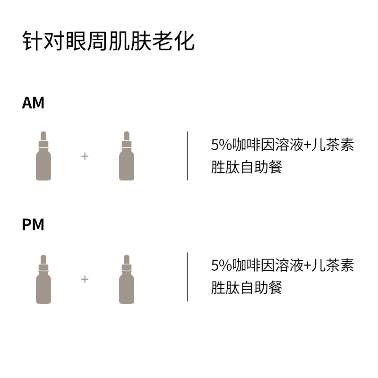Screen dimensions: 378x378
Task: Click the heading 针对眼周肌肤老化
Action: [x=108, y=42]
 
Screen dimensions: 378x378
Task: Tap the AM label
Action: [x=33, y=103]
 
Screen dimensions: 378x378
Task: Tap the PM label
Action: [x=33, y=225]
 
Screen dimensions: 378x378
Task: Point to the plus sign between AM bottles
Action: [x=85, y=156]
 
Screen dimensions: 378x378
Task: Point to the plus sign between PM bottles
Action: [x=85, y=279]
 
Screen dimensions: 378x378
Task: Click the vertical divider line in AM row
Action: [x=188, y=156]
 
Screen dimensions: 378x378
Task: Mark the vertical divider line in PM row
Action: [x=188, y=277]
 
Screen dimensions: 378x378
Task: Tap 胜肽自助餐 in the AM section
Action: [x=246, y=167]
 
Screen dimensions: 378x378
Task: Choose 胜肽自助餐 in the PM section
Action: [x=246, y=288]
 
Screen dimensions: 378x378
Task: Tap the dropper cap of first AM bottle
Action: [x=43, y=138]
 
